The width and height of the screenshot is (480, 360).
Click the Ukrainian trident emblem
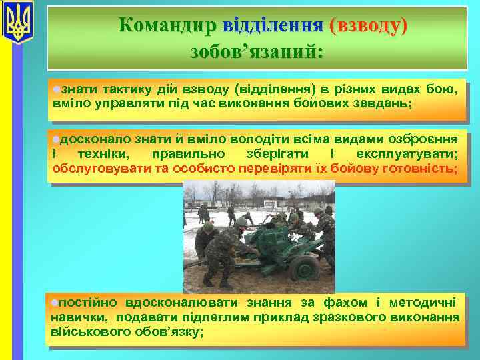point(18,23)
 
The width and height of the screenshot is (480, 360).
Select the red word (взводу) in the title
point(367,25)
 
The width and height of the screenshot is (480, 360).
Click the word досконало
point(96,139)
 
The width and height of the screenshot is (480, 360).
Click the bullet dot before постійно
point(55,303)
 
